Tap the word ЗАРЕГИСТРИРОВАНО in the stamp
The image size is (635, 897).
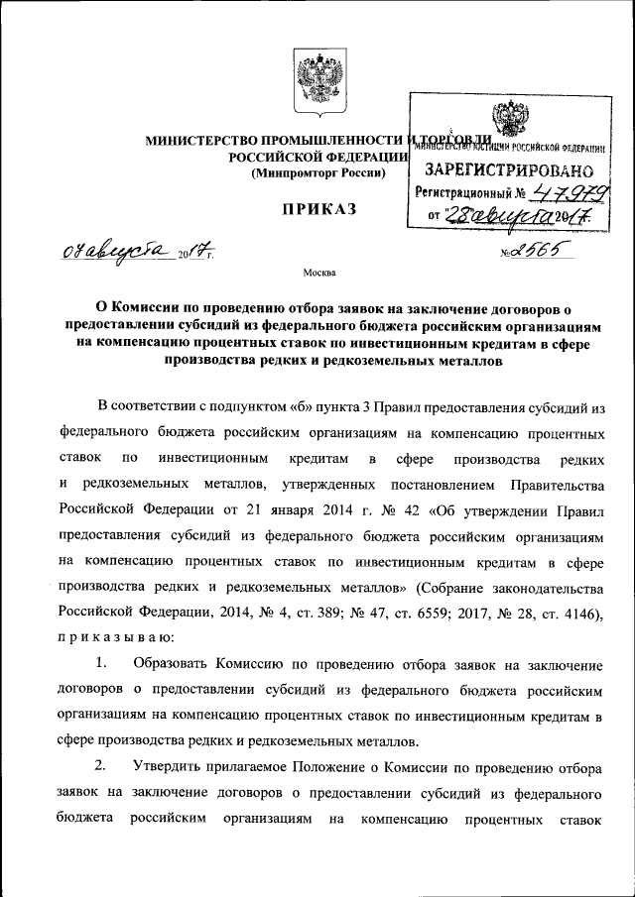[509, 169]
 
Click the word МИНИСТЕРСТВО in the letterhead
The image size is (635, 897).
[201, 140]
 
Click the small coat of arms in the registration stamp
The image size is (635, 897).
[509, 127]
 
